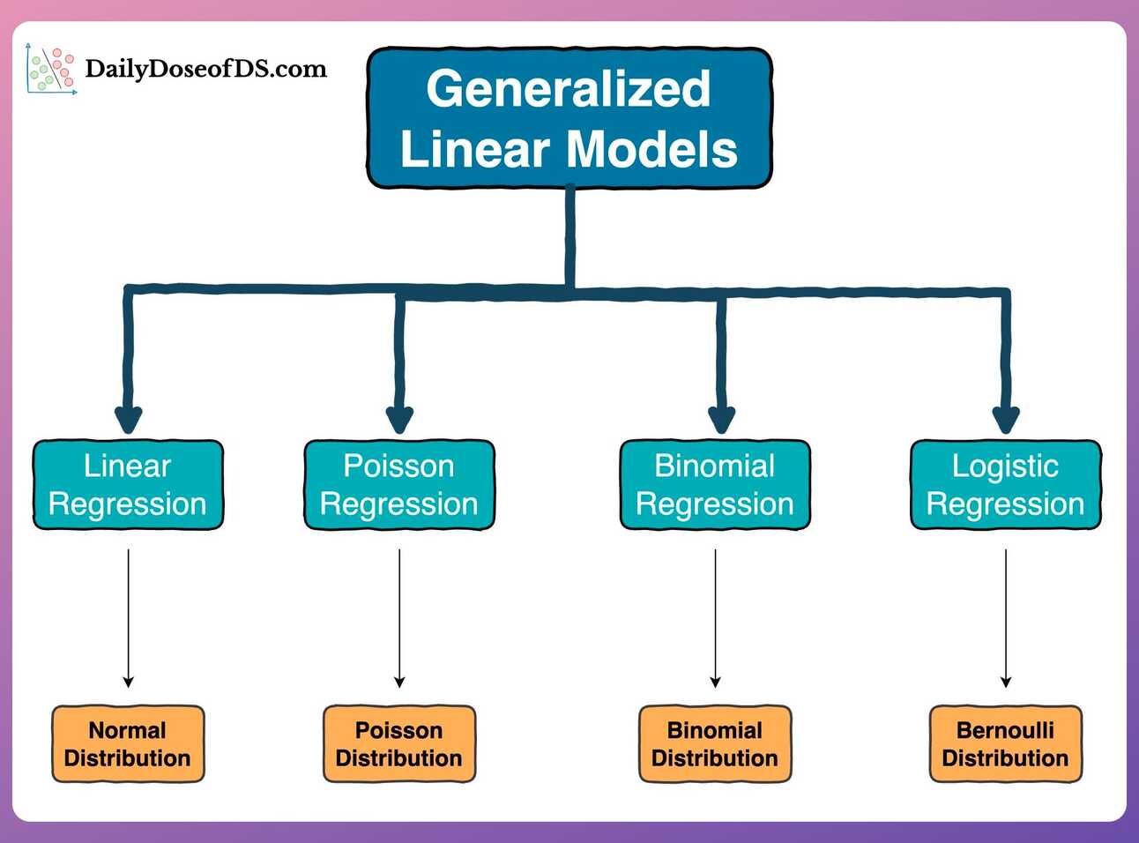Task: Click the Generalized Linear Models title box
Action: (x=569, y=118)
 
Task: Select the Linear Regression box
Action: (x=128, y=485)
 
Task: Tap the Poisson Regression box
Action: (x=398, y=485)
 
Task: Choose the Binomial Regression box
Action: (x=715, y=485)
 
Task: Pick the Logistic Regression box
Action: (x=1005, y=485)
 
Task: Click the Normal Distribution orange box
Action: (x=128, y=744)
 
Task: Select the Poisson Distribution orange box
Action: (x=398, y=744)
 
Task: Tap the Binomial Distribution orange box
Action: (x=715, y=744)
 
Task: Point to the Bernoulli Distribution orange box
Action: (x=1005, y=744)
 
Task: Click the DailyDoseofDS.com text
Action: (x=205, y=70)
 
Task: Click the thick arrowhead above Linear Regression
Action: (x=129, y=419)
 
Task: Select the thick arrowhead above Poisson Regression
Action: (x=399, y=419)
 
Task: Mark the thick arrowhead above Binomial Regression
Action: (x=722, y=419)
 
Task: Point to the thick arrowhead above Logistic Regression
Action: (x=1006, y=419)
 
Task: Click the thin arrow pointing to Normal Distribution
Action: (x=129, y=617)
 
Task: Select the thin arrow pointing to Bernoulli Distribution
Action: (x=1006, y=617)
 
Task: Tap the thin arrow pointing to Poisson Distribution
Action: (x=399, y=617)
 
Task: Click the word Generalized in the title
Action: (x=569, y=89)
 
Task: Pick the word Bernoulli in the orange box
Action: (x=1005, y=730)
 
